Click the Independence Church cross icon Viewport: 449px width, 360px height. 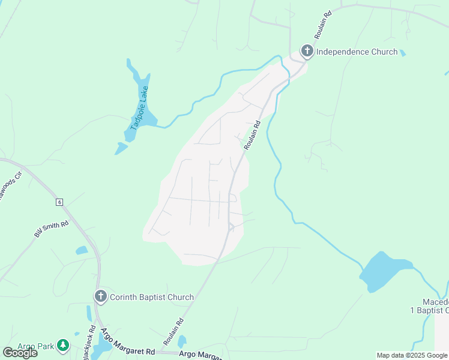coord(307,51)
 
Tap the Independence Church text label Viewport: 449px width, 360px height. coord(357,52)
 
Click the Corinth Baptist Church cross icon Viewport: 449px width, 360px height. coord(100,296)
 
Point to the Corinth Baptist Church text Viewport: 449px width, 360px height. coord(151,297)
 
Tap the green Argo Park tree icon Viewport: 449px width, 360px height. coord(63,346)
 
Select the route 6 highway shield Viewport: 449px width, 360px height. coord(59,202)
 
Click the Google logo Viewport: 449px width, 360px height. coord(20,353)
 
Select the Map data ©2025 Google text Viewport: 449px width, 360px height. coord(412,355)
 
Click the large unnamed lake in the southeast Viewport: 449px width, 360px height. coord(385,271)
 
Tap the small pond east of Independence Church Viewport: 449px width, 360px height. coord(402,53)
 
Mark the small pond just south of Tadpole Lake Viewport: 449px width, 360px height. coord(121,148)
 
